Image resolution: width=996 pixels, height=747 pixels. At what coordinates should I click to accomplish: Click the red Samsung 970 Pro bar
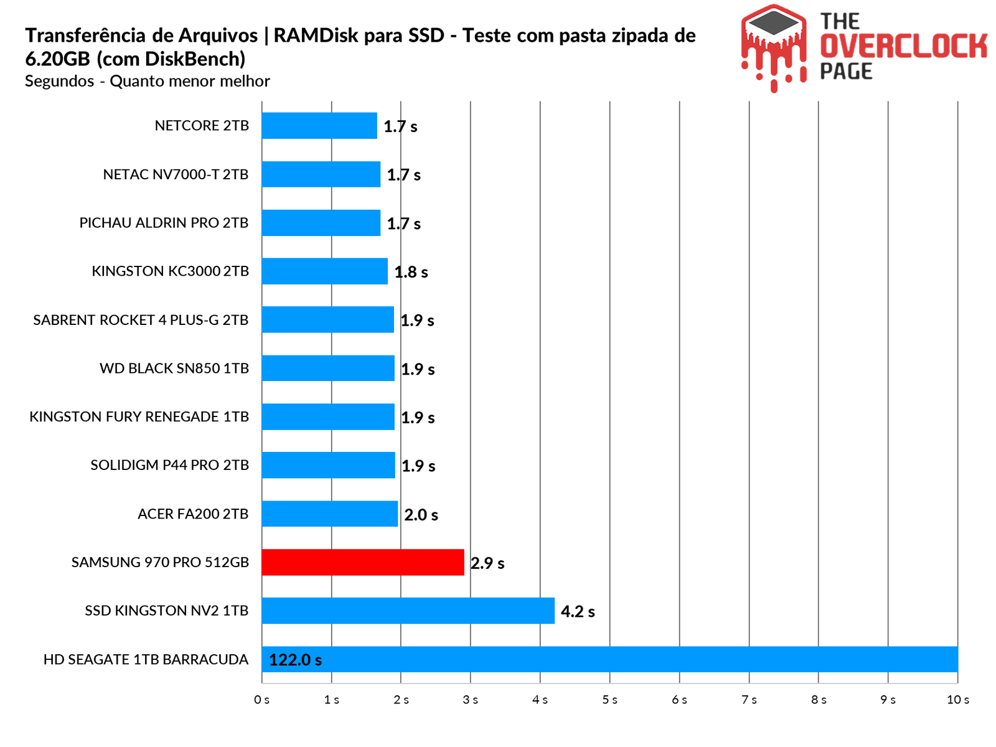(x=362, y=562)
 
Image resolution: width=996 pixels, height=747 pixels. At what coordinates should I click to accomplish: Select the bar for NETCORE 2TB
(x=319, y=126)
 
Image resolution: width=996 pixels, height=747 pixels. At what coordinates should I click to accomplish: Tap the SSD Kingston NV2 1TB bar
(x=408, y=611)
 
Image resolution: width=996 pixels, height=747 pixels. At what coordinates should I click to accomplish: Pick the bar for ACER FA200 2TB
(x=329, y=514)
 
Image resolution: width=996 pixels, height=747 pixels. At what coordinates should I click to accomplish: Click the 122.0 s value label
(x=295, y=660)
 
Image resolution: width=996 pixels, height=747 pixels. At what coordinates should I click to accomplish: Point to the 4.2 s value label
(x=578, y=612)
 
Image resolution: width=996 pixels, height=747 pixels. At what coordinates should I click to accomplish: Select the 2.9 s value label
(x=487, y=563)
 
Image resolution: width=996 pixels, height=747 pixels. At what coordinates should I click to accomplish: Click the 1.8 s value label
(x=411, y=272)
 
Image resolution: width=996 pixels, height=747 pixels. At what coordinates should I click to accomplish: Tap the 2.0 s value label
(x=421, y=515)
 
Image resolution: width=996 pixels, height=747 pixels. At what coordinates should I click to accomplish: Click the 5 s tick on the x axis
(x=609, y=700)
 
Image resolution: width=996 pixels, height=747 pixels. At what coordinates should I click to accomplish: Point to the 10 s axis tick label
(x=957, y=700)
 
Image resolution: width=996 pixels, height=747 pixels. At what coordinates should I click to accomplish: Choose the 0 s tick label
(x=262, y=700)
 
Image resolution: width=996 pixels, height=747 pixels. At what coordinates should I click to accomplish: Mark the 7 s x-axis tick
(x=749, y=700)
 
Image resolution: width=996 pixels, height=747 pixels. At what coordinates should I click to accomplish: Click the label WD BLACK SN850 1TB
(x=174, y=369)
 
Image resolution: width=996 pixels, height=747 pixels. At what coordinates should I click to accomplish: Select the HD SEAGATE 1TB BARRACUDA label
(x=146, y=660)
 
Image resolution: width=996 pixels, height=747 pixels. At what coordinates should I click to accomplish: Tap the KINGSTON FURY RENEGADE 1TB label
(x=139, y=417)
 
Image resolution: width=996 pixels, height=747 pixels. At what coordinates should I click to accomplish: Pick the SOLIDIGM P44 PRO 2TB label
(x=169, y=466)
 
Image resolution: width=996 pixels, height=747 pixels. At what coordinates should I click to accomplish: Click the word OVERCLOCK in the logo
(x=903, y=47)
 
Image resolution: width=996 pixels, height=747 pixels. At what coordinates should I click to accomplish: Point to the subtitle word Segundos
(x=60, y=82)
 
